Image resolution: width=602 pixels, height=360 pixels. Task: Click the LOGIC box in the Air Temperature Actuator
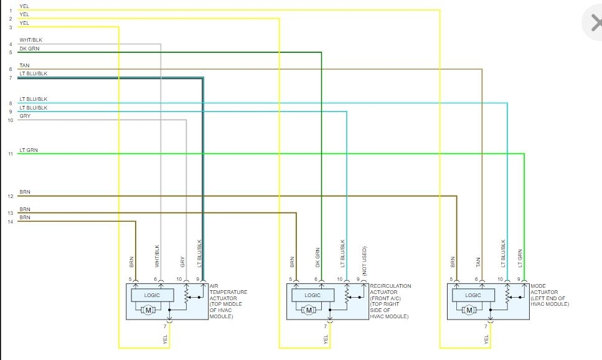152,295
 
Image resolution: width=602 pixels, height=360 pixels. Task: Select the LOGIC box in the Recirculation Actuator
313,295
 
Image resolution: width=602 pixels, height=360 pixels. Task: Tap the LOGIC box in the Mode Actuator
473,295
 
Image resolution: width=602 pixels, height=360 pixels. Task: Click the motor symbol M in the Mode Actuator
470,310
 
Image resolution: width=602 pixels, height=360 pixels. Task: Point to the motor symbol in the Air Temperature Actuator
149,310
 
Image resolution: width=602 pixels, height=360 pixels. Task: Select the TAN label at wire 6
24,65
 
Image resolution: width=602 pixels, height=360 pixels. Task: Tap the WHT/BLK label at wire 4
31,40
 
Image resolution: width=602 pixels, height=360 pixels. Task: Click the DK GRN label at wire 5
29,49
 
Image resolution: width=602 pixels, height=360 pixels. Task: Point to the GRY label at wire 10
25,116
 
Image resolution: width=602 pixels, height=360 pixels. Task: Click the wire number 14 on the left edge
11,222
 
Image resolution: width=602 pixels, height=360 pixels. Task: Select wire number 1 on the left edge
11,11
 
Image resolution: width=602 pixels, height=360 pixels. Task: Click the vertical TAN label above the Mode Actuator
478,263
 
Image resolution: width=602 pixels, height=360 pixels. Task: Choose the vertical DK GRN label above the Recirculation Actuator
317,259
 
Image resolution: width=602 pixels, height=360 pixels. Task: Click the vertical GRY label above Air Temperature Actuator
182,263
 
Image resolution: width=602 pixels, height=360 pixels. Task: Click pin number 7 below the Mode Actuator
486,326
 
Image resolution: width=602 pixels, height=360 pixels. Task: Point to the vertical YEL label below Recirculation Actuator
326,339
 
